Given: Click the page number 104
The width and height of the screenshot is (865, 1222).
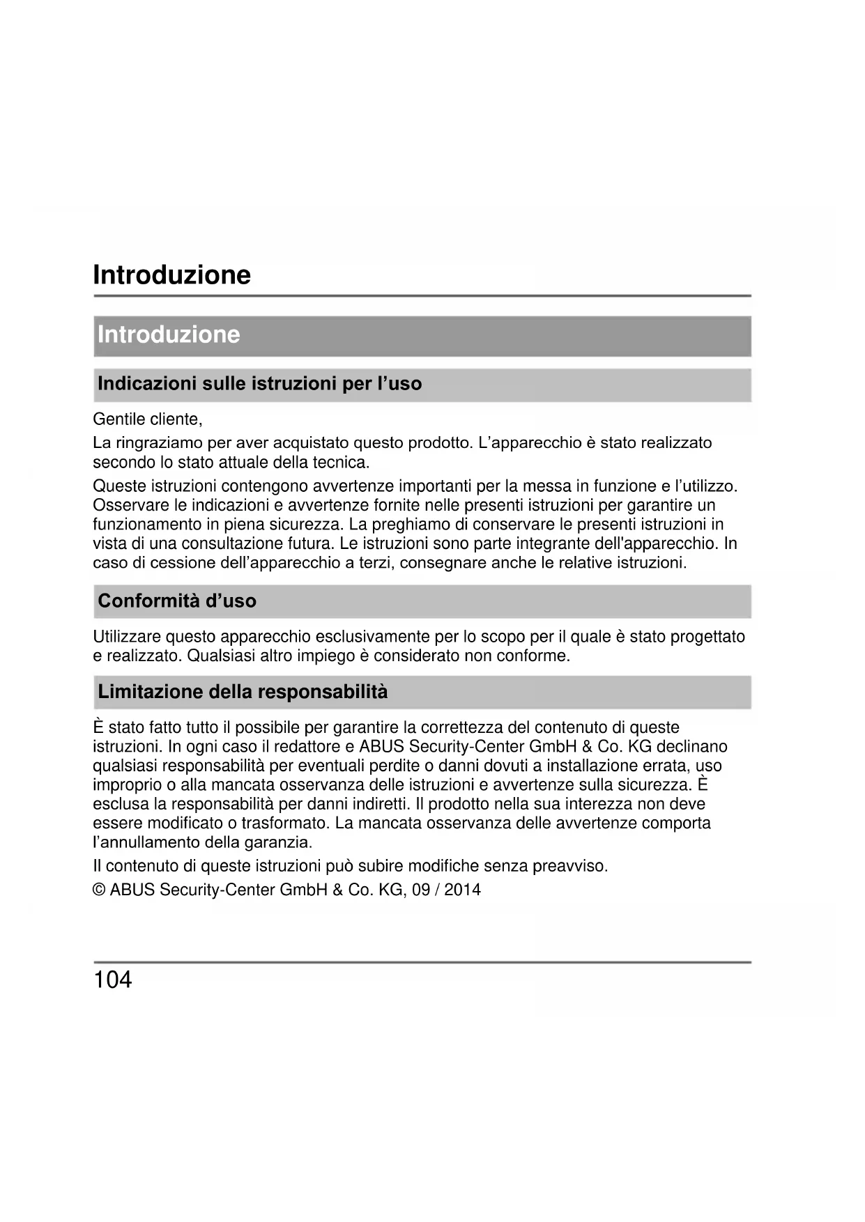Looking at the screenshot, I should tap(112, 980).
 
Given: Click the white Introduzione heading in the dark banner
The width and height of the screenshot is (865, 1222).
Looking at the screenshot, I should tap(169, 335).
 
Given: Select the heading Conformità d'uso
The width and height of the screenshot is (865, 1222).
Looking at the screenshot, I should tap(177, 601).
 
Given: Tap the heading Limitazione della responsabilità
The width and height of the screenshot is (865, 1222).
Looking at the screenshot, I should tap(243, 692).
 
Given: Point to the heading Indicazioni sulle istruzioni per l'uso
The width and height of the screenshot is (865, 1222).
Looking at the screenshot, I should tap(259, 384).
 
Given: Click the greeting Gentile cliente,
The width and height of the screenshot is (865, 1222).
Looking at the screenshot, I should tap(148, 419).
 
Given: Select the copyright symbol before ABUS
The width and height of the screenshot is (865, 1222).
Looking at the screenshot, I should tap(99, 890).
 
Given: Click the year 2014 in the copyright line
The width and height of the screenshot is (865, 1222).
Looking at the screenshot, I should tap(462, 890).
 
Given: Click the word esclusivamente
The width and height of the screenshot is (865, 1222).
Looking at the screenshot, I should tap(372, 637).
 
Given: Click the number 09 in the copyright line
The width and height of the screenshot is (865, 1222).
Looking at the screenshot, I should tap(421, 890).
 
